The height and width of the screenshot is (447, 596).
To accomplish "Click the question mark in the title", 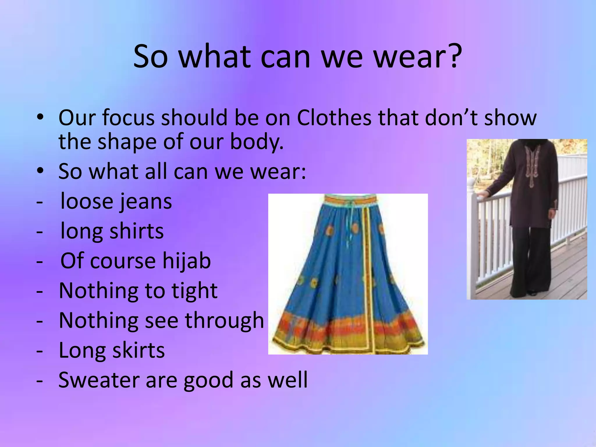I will click(453, 56).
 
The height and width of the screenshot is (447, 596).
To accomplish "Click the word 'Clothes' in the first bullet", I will click(334, 118).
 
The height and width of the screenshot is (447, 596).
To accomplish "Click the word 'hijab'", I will click(186, 261).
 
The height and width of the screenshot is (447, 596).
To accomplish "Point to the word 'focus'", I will click(128, 118).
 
